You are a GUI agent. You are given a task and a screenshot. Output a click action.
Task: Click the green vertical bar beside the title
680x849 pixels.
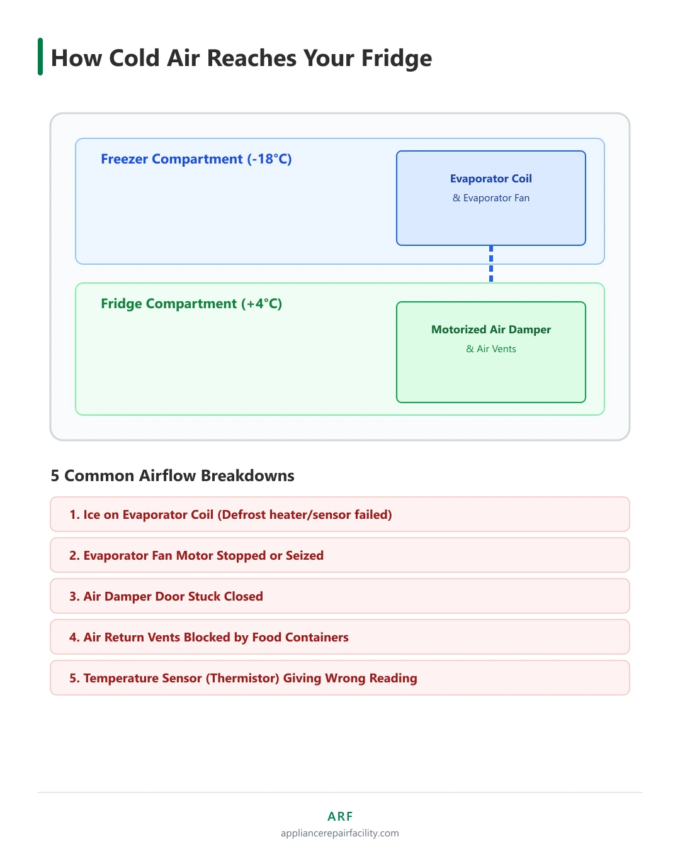click(40, 57)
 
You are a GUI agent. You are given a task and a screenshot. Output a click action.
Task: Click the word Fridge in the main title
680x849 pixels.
click(396, 59)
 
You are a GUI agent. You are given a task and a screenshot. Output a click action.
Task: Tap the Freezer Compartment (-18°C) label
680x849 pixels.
click(196, 159)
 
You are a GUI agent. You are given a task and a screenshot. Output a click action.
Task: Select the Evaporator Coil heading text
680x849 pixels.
click(490, 179)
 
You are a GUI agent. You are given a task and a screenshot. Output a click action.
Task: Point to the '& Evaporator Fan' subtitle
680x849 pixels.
click(490, 197)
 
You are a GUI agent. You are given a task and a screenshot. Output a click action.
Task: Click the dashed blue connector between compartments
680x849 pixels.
click(490, 264)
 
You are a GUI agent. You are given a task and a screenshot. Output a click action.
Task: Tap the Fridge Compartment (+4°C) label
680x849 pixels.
click(191, 303)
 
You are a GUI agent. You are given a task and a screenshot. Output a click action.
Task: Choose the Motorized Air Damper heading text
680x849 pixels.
click(490, 330)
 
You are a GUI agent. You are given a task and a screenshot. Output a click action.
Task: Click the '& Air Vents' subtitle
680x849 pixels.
click(490, 349)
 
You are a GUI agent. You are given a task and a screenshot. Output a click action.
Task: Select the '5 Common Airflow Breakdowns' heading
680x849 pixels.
click(173, 475)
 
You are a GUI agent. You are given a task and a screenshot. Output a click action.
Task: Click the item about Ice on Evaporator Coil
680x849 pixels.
click(340, 514)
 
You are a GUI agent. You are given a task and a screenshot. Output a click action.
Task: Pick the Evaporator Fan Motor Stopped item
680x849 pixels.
click(340, 555)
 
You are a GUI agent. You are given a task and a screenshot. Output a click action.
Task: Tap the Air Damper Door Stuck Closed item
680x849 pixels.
click(340, 596)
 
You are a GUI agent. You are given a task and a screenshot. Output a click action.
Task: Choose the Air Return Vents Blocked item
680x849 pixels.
click(340, 636)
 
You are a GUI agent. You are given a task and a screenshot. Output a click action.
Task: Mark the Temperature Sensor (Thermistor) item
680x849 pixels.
click(340, 677)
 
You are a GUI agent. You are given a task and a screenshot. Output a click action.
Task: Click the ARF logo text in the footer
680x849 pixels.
click(340, 816)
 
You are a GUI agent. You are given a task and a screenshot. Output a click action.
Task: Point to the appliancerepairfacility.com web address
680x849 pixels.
click(340, 833)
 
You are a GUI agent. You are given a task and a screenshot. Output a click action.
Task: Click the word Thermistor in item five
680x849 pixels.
click(242, 678)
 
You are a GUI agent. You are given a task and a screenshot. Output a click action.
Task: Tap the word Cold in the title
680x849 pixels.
click(134, 58)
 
